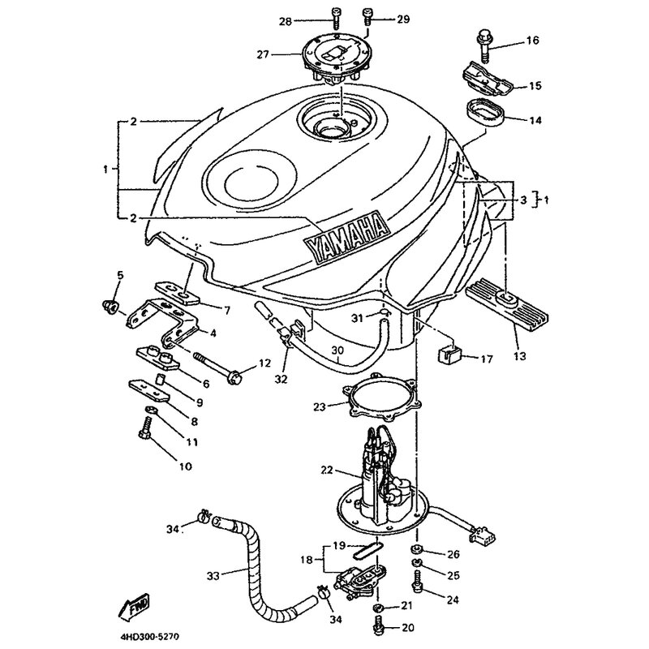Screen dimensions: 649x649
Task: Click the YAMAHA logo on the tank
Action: [344, 236]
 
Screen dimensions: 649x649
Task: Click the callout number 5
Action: [120, 274]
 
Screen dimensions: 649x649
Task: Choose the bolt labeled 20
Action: [378, 626]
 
